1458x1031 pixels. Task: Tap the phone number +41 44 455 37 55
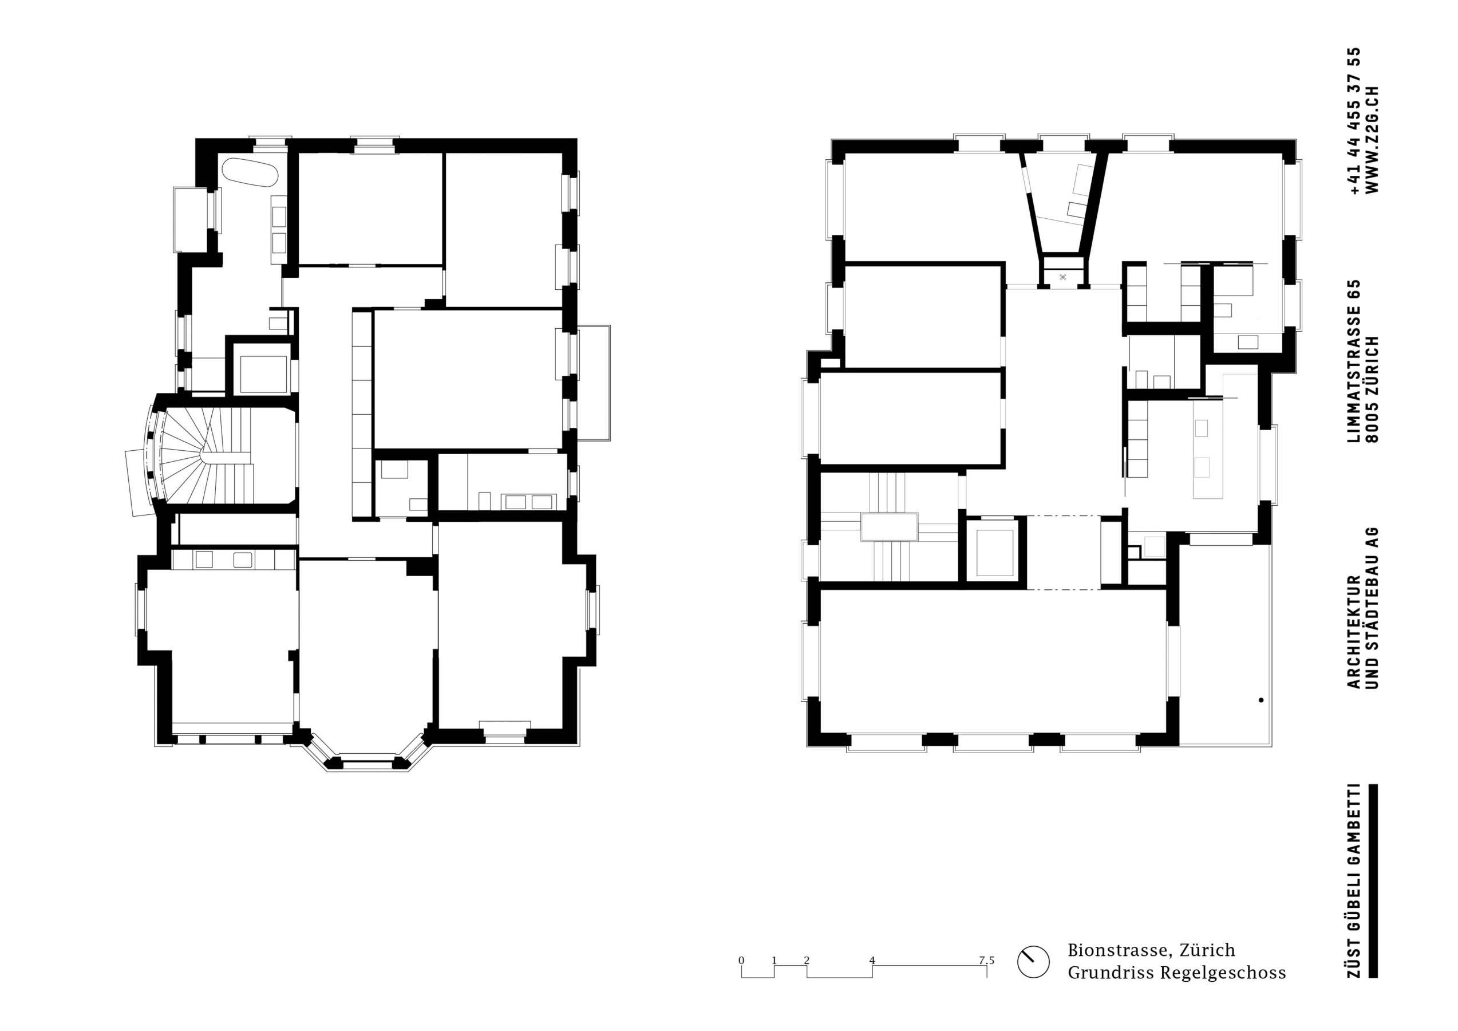pos(1352,121)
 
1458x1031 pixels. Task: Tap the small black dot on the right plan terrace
pos(1261,701)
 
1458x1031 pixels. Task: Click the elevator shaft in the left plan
pos(263,375)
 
